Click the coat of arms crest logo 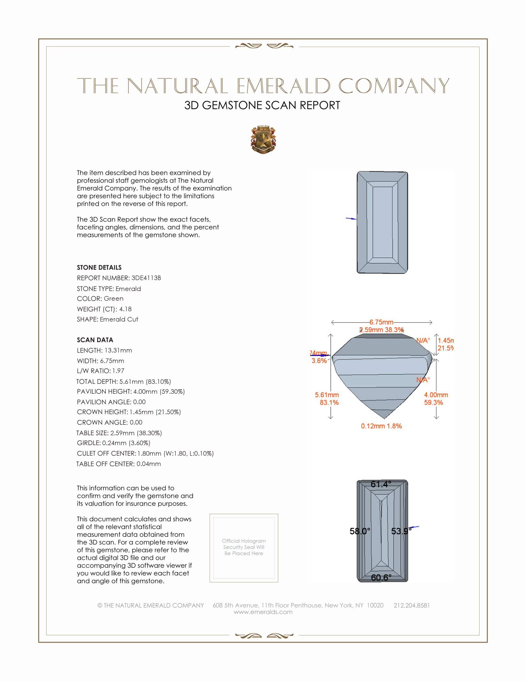(x=263, y=140)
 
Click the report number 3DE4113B (x=146, y=278)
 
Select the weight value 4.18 (x=125, y=309)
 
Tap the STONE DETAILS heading (x=99, y=267)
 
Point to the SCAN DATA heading (x=95, y=340)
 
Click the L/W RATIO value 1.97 (x=118, y=371)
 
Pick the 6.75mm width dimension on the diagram (x=382, y=322)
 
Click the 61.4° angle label (x=381, y=484)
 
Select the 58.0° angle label (x=360, y=531)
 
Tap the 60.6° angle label (x=381, y=578)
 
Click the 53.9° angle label (x=401, y=531)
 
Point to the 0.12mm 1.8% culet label (x=381, y=426)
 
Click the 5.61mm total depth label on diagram (x=326, y=395)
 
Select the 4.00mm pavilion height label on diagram (x=436, y=395)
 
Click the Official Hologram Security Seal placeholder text (x=244, y=547)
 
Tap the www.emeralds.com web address (x=263, y=612)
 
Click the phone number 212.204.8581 (x=411, y=605)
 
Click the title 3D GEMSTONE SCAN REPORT (x=262, y=105)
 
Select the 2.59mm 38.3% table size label (x=382, y=330)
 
